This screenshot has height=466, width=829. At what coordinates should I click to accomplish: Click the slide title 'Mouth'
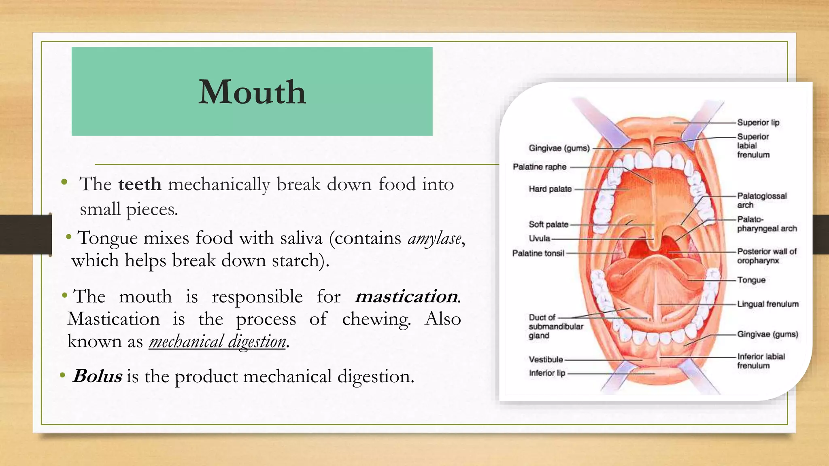point(252,92)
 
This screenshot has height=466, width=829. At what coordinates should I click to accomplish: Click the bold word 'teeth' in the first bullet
point(140,184)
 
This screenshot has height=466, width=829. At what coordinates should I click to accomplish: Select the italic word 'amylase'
point(434,238)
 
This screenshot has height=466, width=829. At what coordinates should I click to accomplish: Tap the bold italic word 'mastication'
point(406,297)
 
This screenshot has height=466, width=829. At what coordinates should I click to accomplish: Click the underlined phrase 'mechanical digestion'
point(217,342)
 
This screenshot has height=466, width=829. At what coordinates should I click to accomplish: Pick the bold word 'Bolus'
point(98,376)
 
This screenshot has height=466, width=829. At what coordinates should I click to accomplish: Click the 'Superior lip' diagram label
point(758,123)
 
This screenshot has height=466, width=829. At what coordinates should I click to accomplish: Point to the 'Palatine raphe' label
point(539,167)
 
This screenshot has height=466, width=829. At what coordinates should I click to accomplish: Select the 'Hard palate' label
point(550,189)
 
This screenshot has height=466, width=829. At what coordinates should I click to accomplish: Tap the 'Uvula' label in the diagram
point(539,239)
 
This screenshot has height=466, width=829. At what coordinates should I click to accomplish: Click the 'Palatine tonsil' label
point(538,253)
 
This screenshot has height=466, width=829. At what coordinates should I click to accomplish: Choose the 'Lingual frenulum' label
point(767,304)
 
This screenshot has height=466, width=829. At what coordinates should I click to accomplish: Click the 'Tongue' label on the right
point(751,280)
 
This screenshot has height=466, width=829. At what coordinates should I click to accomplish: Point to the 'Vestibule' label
point(545,360)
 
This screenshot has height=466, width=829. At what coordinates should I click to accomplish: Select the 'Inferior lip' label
point(546,373)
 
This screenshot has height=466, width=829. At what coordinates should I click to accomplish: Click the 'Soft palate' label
point(548,225)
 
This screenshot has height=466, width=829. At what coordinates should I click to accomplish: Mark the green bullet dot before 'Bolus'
point(62,376)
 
